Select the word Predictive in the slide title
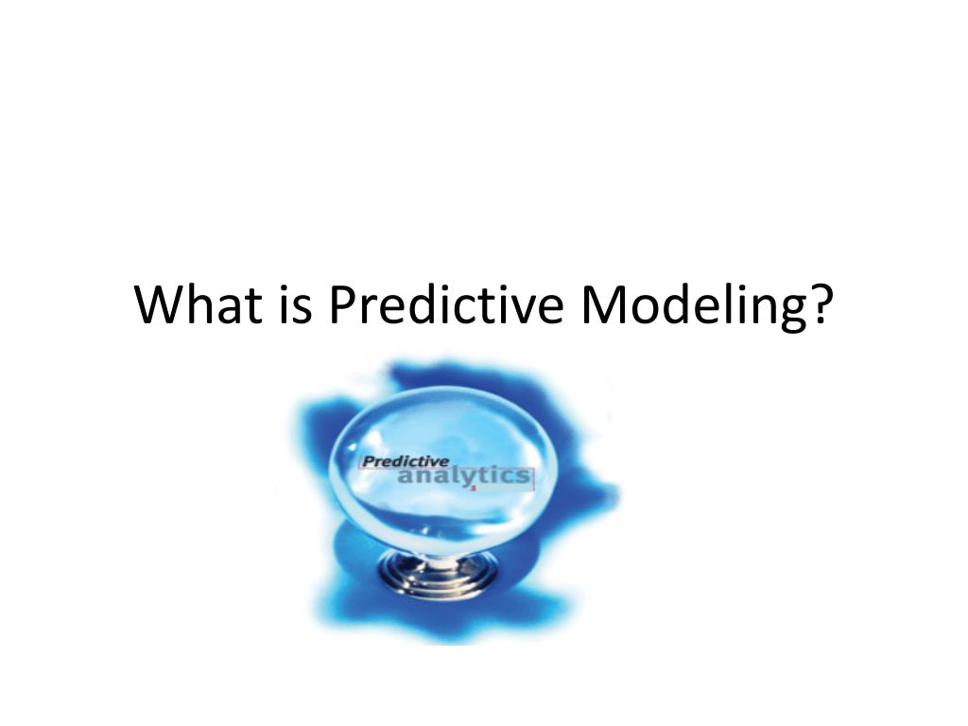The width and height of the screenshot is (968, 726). coord(442,304)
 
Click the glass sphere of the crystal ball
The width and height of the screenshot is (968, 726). coord(444,444)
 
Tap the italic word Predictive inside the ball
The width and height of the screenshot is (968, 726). coord(393,461)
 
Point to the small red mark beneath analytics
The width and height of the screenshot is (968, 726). coord(472,490)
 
